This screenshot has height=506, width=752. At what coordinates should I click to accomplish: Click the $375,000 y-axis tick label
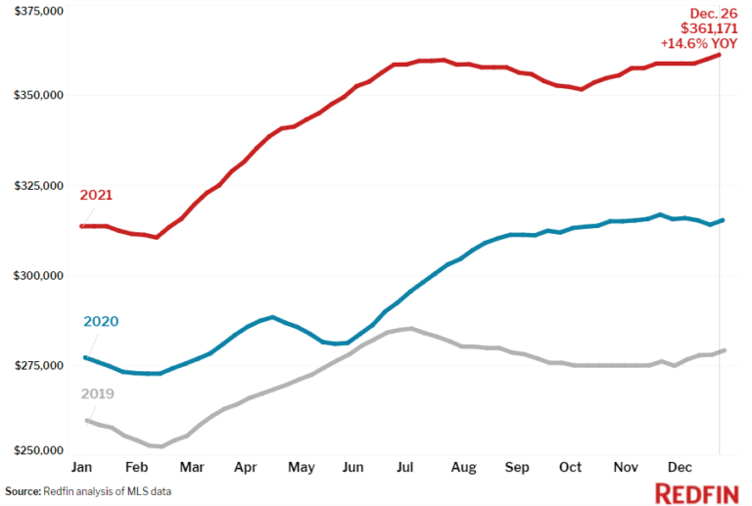pyautogui.click(x=35, y=11)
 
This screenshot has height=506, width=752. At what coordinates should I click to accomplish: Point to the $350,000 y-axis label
pyautogui.click(x=35, y=95)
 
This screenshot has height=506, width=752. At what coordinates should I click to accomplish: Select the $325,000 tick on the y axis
pyautogui.click(x=35, y=185)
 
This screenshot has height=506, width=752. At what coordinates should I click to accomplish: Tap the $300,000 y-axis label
pyautogui.click(x=35, y=275)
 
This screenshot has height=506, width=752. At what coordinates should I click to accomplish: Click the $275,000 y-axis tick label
pyautogui.click(x=35, y=365)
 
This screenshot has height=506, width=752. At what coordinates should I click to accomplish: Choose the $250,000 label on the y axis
pyautogui.click(x=35, y=451)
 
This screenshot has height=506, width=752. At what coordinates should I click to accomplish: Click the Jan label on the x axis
pyautogui.click(x=83, y=469)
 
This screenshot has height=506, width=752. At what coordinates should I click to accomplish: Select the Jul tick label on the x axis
pyautogui.click(x=405, y=469)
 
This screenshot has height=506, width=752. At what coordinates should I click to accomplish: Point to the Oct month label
pyautogui.click(x=570, y=469)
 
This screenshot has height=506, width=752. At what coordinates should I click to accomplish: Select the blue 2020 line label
pyautogui.click(x=101, y=321)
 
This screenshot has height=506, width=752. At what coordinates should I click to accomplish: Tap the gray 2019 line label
pyautogui.click(x=97, y=393)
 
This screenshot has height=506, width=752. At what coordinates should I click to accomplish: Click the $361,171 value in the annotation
pyautogui.click(x=708, y=29)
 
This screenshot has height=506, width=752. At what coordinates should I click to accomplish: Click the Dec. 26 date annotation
pyautogui.click(x=714, y=14)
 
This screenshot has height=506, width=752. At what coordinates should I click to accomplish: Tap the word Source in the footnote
pyautogui.click(x=22, y=491)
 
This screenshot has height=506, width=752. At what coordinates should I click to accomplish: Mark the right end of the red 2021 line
pyautogui.click(x=720, y=55)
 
